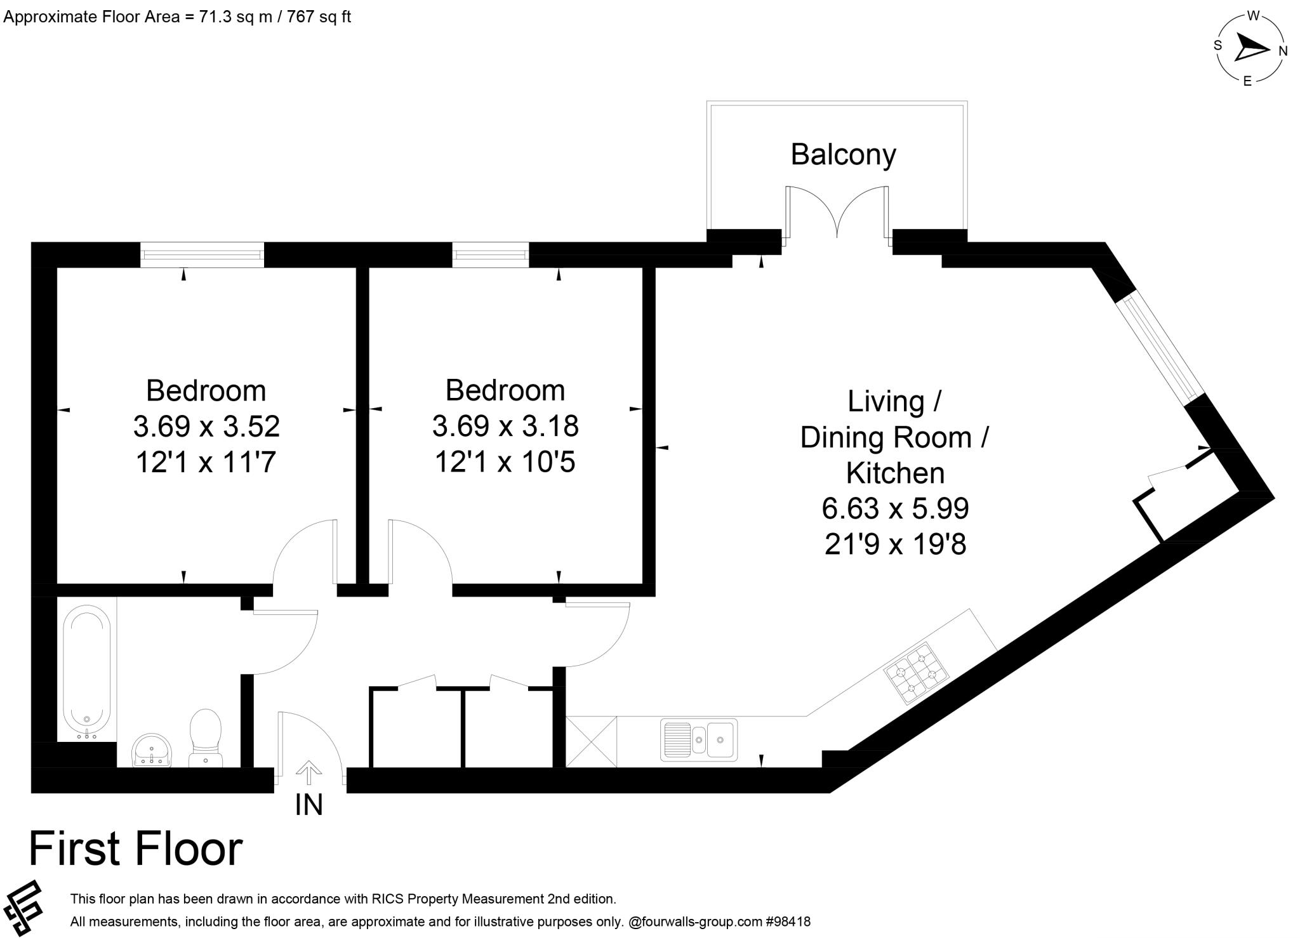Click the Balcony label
(x=843, y=154)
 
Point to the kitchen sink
(x=699, y=739)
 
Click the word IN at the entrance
(x=309, y=805)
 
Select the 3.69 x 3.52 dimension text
(x=206, y=426)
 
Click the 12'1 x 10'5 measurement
(x=505, y=462)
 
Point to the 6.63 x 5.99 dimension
(x=895, y=508)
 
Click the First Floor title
(x=136, y=849)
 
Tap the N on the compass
(x=1283, y=51)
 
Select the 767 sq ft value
(x=319, y=17)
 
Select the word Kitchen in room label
(x=895, y=473)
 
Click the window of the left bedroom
(x=202, y=254)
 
